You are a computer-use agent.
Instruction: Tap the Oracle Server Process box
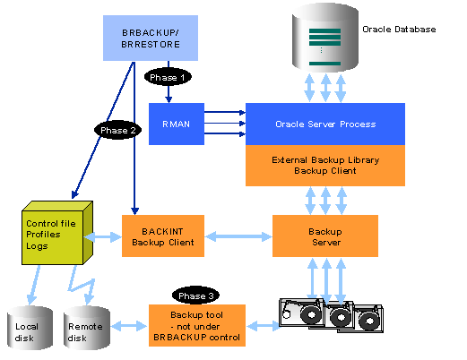(x=324, y=124)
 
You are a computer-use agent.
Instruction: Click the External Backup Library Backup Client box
(x=324, y=165)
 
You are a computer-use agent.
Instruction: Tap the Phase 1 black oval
(x=169, y=78)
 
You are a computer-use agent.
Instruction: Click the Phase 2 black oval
(x=119, y=130)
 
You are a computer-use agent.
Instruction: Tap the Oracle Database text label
(x=399, y=30)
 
